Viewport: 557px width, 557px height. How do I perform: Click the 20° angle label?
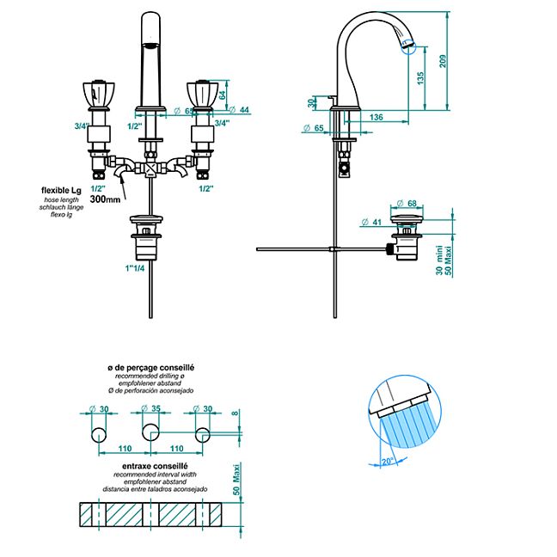[388, 461]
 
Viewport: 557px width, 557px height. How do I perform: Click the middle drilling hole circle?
[150, 432]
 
